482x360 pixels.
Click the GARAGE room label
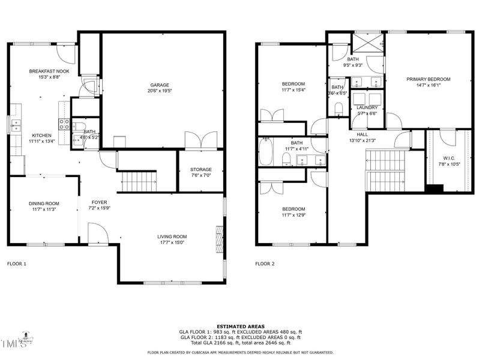pos(159,85)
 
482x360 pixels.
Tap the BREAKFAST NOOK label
pos(46,71)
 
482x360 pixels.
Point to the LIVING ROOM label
pos(172,236)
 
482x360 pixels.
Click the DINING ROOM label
pos(44,203)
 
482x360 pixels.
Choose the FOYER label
pos(100,202)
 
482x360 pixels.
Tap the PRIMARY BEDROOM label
pos(428,79)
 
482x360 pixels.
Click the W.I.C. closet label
pos(444,159)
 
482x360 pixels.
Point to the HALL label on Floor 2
pos(362,134)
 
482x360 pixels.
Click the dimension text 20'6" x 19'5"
pos(159,91)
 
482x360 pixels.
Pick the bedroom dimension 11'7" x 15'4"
pos(294,90)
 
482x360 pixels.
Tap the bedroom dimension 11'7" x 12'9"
pos(294,215)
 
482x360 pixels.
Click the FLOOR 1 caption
pos(17,263)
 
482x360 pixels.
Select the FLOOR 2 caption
pos(265,263)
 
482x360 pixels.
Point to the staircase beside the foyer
pos(137,181)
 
